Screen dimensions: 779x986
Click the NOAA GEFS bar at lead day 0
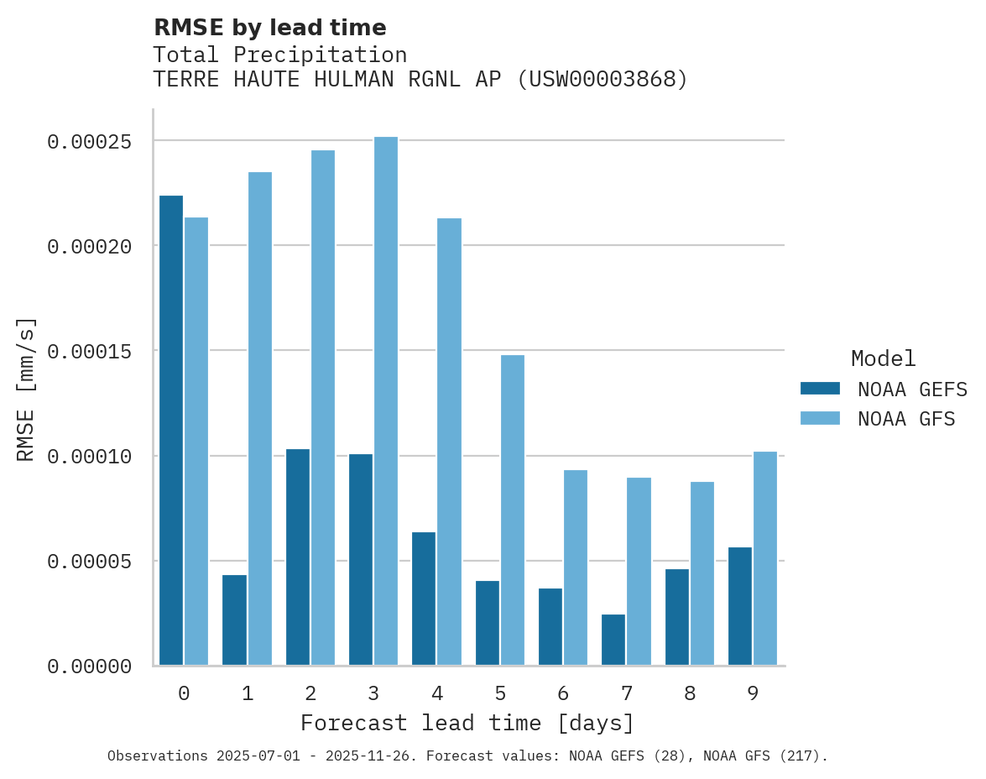pos(171,430)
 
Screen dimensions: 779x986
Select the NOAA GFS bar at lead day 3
pos(386,401)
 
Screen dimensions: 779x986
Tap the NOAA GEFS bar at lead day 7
pos(613,640)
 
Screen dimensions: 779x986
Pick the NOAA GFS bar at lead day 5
pos(513,510)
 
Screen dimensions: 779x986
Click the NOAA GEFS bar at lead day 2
pos(298,557)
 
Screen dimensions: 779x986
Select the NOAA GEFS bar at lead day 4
pos(424,599)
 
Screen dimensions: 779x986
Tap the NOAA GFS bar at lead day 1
pos(260,419)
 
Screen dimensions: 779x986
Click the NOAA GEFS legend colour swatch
pos(820,388)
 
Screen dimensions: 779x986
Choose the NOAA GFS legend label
pos(906,418)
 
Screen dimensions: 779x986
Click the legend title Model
pos(883,358)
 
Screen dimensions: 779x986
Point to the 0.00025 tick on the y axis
pos(90,142)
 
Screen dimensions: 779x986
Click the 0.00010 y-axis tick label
pos(90,457)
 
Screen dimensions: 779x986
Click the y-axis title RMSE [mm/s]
pos(26,389)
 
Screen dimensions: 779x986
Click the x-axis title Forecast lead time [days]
pos(467,723)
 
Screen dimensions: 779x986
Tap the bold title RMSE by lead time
pos(270,28)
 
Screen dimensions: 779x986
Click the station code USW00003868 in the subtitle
pos(602,80)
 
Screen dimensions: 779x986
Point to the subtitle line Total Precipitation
pos(280,55)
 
